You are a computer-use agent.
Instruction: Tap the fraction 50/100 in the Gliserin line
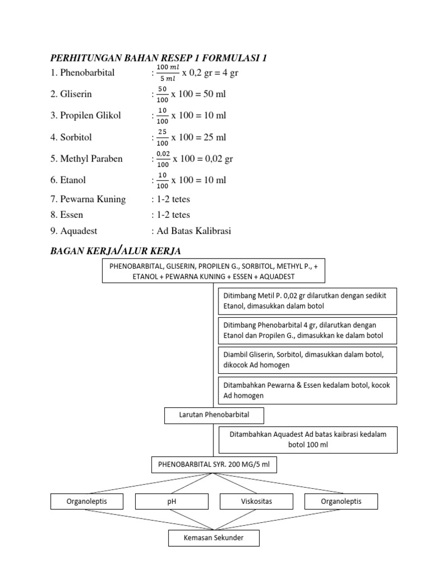click(x=162, y=94)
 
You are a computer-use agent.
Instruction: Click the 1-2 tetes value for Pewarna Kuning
click(x=174, y=199)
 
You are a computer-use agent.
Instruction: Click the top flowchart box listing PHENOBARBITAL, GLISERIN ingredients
click(x=213, y=271)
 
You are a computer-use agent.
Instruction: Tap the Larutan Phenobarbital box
click(x=214, y=416)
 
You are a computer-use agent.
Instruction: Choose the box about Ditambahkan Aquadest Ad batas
click(x=308, y=440)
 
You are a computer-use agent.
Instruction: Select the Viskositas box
click(x=256, y=501)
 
